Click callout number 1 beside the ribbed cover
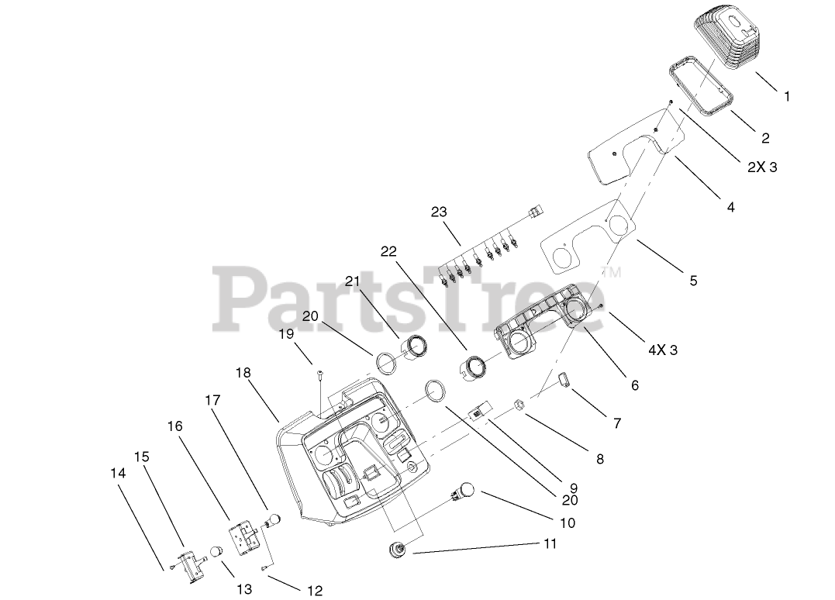787,97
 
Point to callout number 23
440,212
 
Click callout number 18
243,373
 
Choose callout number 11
550,544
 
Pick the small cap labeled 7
563,379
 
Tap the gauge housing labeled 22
473,366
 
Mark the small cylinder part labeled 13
217,552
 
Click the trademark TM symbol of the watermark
612,273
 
